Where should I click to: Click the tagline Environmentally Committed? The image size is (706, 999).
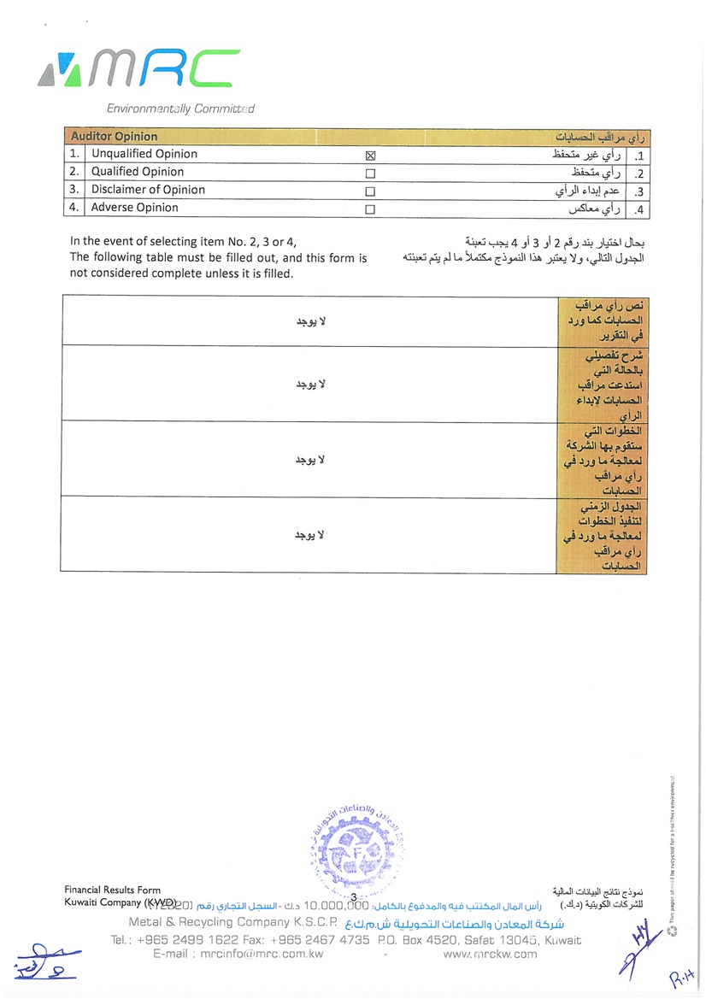coord(180,109)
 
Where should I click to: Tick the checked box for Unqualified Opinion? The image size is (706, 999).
coord(370,156)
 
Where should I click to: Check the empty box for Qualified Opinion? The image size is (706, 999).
coord(370,173)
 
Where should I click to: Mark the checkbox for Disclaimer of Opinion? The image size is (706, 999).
coord(370,191)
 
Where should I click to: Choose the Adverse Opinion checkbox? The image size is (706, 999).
coord(370,209)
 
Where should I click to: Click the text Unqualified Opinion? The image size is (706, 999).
coord(144,154)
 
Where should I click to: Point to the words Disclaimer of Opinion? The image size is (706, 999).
coord(148,190)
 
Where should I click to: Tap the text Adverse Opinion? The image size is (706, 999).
coord(135,208)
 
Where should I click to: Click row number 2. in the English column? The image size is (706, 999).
coord(75,172)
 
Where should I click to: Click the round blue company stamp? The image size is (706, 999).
coord(357,846)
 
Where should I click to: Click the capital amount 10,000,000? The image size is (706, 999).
coord(336,904)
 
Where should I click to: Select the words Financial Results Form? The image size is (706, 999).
coord(112,890)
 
